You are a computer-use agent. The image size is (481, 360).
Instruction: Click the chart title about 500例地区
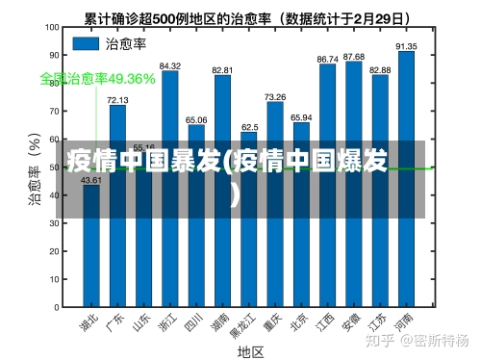pos(247,17)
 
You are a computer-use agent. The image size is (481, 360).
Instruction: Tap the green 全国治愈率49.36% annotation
pos(97,79)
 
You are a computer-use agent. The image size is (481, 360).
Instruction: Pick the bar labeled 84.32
pos(170,189)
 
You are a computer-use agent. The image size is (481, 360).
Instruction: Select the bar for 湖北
pos(91,245)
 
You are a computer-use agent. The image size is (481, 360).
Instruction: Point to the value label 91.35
pos(406,45)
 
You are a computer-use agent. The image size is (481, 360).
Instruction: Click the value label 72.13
pos(117,99)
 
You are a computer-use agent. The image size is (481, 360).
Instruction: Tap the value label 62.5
pos(249,127)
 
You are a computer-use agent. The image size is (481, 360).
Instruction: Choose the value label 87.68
pos(354,57)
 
